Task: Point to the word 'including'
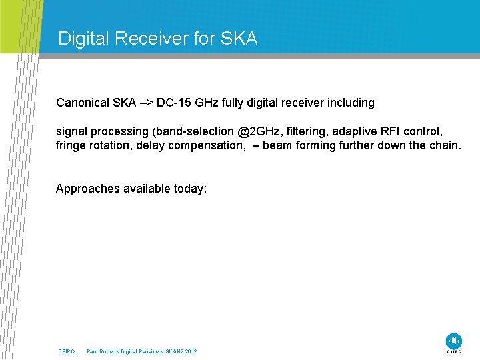click(349, 103)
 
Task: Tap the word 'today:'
click(190, 189)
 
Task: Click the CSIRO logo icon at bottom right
click(453, 341)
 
